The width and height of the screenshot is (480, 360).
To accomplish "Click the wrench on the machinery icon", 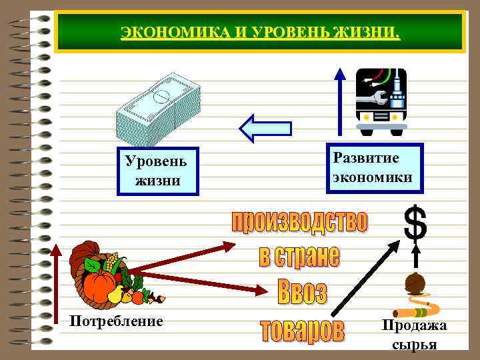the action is coord(373,99).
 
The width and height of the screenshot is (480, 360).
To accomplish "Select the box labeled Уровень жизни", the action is coord(157,171).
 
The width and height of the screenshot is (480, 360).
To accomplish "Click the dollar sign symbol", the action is coord(415,223).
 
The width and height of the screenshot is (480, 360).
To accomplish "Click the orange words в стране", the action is coord(299,256).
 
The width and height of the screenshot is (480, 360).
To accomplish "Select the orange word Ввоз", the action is coord(301,292).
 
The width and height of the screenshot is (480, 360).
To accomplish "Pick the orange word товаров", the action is coord(302,331).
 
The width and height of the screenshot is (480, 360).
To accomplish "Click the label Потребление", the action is coord(116,321).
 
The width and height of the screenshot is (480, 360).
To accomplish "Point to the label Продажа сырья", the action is coord(414,334).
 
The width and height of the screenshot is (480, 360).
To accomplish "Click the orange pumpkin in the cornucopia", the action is coord(99,285).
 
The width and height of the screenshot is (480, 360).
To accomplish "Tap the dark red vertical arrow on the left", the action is coord(56,293).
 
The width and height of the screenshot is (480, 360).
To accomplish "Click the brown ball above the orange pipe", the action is coord(415,283).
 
